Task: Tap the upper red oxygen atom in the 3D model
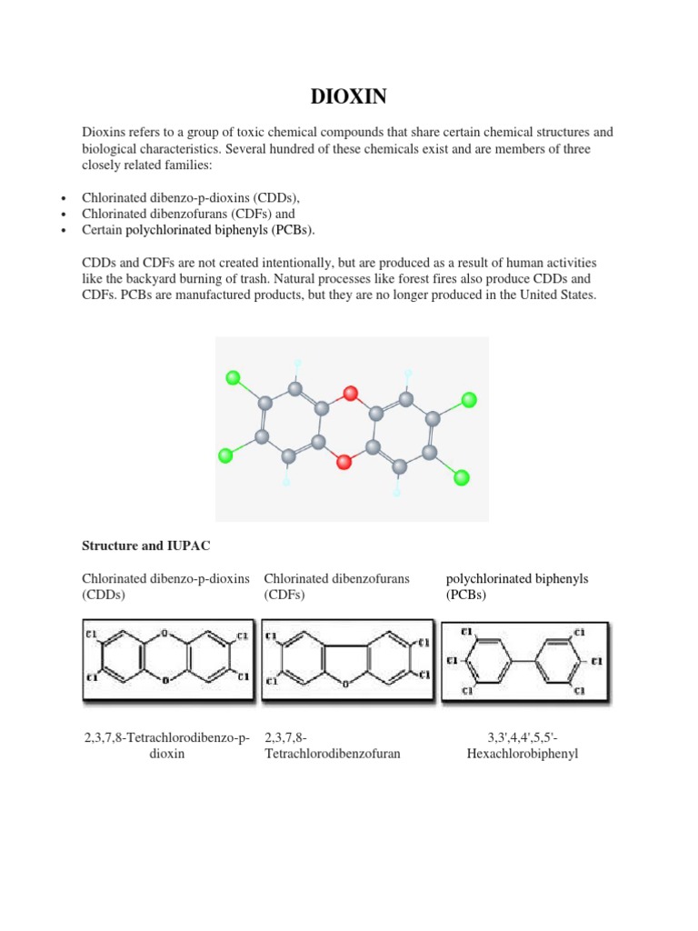351,394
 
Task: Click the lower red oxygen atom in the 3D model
344,462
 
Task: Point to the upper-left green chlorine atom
233,377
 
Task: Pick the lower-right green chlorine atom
461,477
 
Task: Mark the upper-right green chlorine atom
469,399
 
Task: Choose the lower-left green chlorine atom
226,455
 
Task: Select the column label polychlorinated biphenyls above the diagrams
517,579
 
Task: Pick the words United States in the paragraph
558,295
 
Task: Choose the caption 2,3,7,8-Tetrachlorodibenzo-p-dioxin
165,745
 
